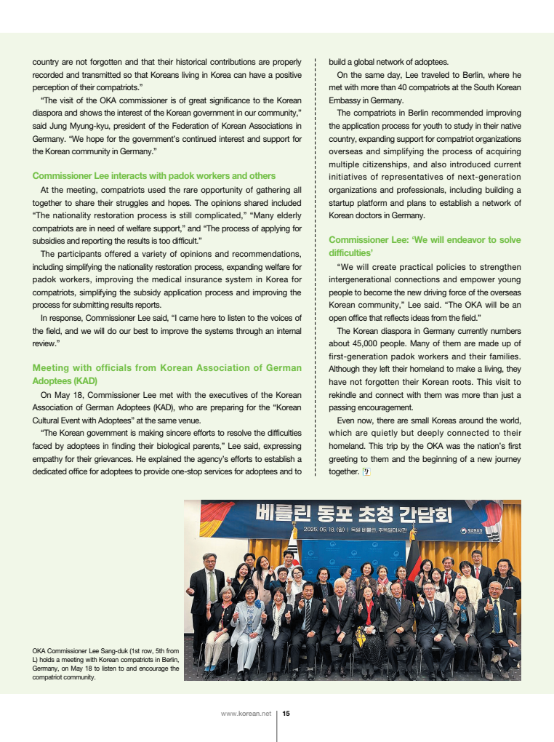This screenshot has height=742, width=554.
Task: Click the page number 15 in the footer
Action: click(286, 714)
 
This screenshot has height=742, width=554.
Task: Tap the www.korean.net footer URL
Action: click(246, 714)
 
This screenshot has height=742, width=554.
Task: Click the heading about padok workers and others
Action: click(154, 175)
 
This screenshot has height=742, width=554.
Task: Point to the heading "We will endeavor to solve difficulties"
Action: click(425, 246)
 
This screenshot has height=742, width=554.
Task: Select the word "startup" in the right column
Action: click(345, 202)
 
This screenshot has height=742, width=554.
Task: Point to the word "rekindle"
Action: click(346, 395)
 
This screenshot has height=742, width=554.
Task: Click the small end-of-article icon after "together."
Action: click(366, 471)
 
